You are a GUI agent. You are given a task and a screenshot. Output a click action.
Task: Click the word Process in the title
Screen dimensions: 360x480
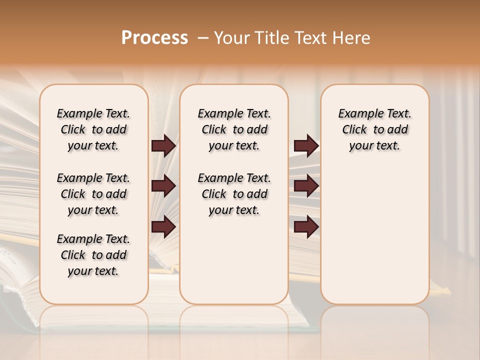pos(154,38)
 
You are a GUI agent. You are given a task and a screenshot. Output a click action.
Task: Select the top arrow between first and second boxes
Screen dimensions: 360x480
pos(163,146)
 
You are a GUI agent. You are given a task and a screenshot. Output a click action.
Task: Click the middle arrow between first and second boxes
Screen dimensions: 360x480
pos(163,186)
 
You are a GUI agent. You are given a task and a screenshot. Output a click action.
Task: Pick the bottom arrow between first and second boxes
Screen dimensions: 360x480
pos(163,227)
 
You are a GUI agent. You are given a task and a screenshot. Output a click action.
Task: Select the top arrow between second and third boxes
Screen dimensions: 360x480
pos(306,146)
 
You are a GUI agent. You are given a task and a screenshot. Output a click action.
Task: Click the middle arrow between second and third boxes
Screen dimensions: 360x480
pos(306,186)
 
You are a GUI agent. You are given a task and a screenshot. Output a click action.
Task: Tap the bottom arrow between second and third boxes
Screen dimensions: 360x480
pos(306,227)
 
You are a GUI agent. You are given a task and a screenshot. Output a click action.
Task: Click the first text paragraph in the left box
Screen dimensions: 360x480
pos(93,129)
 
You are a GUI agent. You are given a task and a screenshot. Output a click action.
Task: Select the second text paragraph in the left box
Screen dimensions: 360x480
pos(93,194)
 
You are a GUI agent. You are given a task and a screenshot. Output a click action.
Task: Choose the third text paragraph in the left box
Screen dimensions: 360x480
pos(93,255)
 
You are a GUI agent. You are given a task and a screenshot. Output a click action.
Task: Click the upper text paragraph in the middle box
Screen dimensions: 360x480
pos(234,129)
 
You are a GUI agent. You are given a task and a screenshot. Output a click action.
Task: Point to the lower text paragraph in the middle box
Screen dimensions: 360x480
pos(234,194)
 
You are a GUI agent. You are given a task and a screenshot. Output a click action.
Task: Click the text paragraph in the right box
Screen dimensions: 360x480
pos(375,129)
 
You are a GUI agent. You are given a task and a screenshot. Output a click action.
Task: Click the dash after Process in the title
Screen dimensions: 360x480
pos(202,38)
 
